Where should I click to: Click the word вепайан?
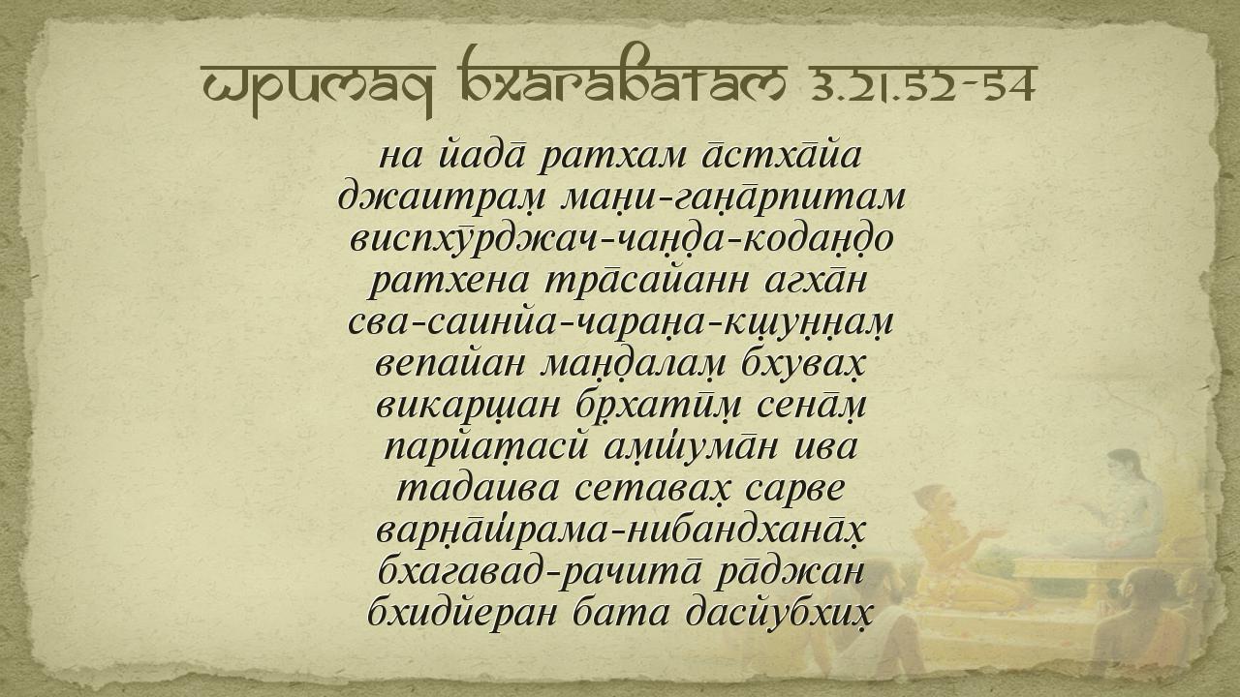(x=449, y=364)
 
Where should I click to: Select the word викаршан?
(x=468, y=407)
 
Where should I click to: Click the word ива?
(x=825, y=448)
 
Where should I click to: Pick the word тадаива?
(x=479, y=489)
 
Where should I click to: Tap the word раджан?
(x=790, y=572)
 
